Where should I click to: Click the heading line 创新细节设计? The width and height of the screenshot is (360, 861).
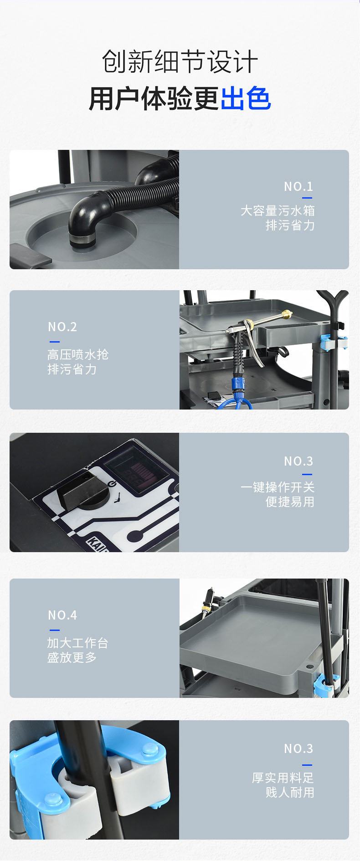click(x=180, y=61)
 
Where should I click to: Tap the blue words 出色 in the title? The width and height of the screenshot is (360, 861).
click(x=246, y=98)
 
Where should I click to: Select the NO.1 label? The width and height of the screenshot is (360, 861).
click(x=298, y=186)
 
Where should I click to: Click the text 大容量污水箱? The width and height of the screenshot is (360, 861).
click(x=278, y=210)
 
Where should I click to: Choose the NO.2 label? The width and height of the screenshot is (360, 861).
click(x=62, y=327)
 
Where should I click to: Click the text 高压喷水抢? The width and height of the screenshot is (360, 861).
click(x=78, y=354)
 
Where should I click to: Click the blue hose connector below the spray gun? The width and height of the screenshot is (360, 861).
click(x=238, y=383)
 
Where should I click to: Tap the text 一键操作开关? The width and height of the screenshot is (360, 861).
click(x=278, y=487)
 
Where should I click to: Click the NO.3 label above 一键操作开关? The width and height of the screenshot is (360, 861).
click(x=298, y=461)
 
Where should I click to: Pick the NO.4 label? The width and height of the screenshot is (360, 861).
click(x=62, y=615)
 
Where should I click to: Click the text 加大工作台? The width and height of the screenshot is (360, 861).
click(x=78, y=643)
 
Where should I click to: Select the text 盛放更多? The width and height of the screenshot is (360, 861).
click(x=72, y=657)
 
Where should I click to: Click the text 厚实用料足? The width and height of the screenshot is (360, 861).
click(x=283, y=778)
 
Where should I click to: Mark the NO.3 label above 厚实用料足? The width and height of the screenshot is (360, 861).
click(x=298, y=748)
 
